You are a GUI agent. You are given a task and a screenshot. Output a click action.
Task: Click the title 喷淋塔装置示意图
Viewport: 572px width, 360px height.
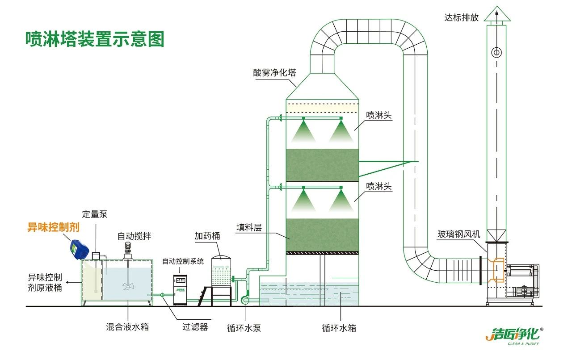coord(95,39)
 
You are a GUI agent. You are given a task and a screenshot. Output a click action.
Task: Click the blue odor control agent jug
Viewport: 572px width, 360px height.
coord(79,249)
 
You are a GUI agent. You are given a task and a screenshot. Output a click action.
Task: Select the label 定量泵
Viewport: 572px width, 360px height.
coord(95,214)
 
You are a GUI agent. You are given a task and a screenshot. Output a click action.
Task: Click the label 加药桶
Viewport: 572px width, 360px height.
coord(207,236)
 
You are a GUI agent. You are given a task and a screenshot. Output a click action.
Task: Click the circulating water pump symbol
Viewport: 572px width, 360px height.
coord(245,301)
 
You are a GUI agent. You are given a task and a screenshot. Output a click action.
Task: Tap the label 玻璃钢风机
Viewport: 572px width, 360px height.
coord(459,234)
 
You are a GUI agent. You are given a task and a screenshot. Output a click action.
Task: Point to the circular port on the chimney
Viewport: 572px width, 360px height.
coord(496,53)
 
